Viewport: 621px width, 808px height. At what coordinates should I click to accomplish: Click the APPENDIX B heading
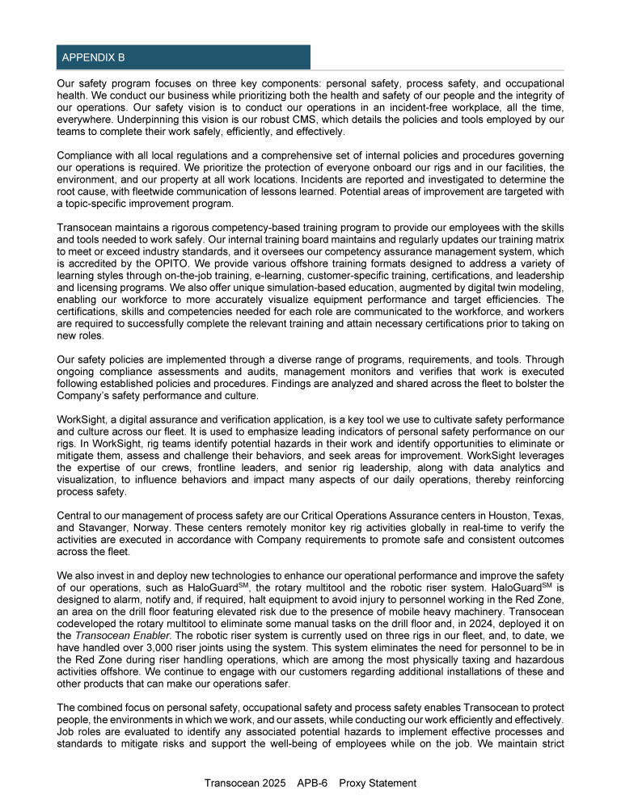92,58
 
